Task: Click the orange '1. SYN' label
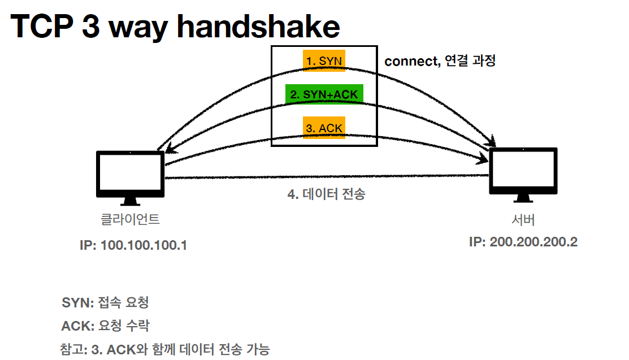click(324, 60)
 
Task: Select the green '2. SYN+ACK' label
click(324, 94)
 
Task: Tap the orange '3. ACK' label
click(324, 128)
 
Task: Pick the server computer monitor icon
click(523, 172)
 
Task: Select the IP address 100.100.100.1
click(134, 246)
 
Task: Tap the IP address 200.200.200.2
click(523, 242)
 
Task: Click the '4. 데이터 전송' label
click(327, 194)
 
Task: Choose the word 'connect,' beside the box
click(411, 61)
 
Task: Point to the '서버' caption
click(523, 219)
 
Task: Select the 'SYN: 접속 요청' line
click(105, 303)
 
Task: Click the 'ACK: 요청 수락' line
click(105, 326)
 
